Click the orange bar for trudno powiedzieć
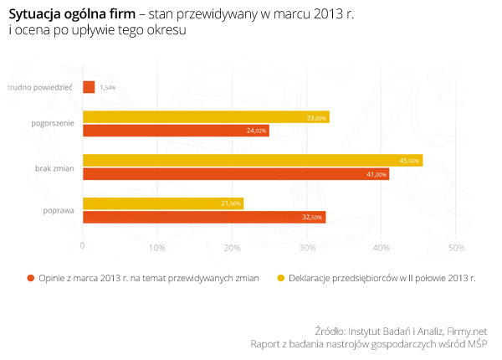point(89,87)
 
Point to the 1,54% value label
point(107,87)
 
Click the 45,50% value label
point(409,161)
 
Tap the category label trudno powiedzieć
point(41,86)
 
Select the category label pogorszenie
point(51,124)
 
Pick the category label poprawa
point(59,210)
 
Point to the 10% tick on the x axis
point(156,247)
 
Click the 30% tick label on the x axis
point(306,247)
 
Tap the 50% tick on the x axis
point(456,247)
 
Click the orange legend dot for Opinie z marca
point(30,277)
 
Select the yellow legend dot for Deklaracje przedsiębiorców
point(281,277)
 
